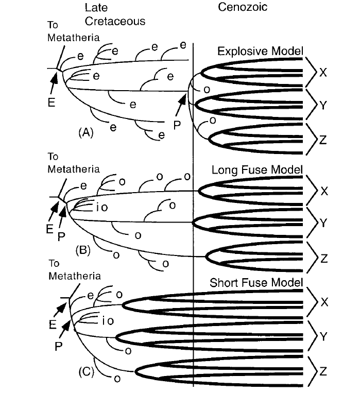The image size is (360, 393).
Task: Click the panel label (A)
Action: pyautogui.click(x=85, y=132)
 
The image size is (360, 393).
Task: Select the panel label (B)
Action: pyautogui.click(x=83, y=251)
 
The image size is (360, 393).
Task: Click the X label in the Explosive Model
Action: pyautogui.click(x=323, y=72)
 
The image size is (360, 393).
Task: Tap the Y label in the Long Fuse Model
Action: pyautogui.click(x=323, y=223)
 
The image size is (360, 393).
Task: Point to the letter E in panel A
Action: pyautogui.click(x=50, y=102)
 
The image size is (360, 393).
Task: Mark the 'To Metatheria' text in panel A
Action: pyautogui.click(x=60, y=32)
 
